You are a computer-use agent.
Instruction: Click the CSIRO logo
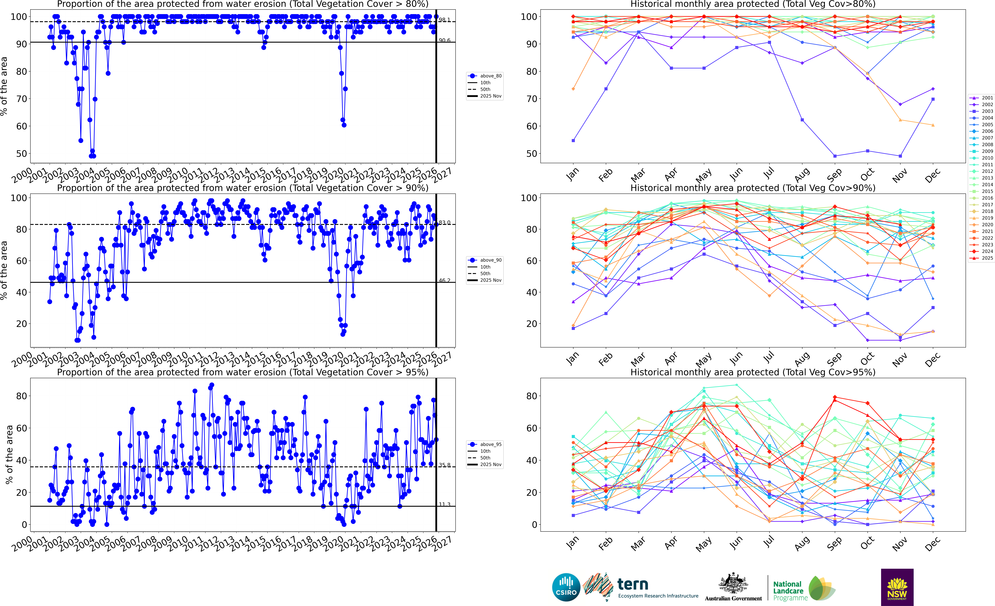click(x=566, y=587)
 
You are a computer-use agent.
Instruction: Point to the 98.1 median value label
click(x=445, y=20)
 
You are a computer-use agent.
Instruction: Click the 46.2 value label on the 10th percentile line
click(x=445, y=280)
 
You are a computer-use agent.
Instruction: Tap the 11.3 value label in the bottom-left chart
click(x=445, y=504)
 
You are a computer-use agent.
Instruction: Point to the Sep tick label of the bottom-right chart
click(x=834, y=544)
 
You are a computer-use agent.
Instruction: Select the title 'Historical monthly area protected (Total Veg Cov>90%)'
click(x=753, y=188)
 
